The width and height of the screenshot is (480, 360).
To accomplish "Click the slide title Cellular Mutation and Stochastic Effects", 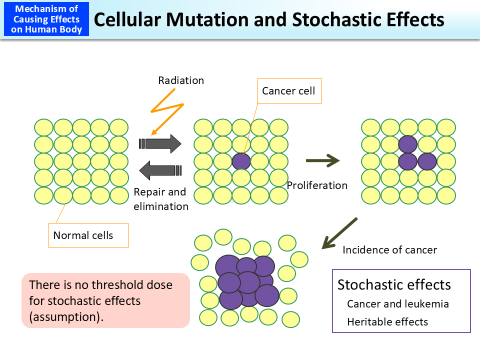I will (269, 19).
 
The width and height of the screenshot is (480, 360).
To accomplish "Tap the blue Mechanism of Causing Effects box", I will (46, 19).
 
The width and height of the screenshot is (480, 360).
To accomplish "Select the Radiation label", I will (181, 80).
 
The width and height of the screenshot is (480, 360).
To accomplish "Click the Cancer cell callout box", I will (289, 91).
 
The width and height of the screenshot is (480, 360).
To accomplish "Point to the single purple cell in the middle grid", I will (241, 161).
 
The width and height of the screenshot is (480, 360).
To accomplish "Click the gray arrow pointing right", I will (160, 143).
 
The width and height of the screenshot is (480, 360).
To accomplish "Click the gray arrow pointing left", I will (160, 170).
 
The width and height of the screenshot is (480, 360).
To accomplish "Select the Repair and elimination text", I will (160, 199).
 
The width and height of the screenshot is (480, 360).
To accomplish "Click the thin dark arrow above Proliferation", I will (322, 160).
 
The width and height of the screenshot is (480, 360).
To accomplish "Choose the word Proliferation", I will (317, 185).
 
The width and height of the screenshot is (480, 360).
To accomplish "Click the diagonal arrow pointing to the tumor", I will (339, 233).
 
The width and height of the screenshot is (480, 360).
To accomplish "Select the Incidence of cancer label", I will (389, 249).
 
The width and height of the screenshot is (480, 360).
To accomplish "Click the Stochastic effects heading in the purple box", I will (394, 284).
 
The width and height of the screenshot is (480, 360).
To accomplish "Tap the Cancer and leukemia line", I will (397, 304).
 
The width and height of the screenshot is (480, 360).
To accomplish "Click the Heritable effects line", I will (387, 321).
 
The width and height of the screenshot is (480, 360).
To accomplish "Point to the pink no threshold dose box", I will (105, 300).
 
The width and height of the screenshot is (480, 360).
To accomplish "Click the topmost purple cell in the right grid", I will (408, 144).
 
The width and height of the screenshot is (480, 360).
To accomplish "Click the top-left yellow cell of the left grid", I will (43, 127).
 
